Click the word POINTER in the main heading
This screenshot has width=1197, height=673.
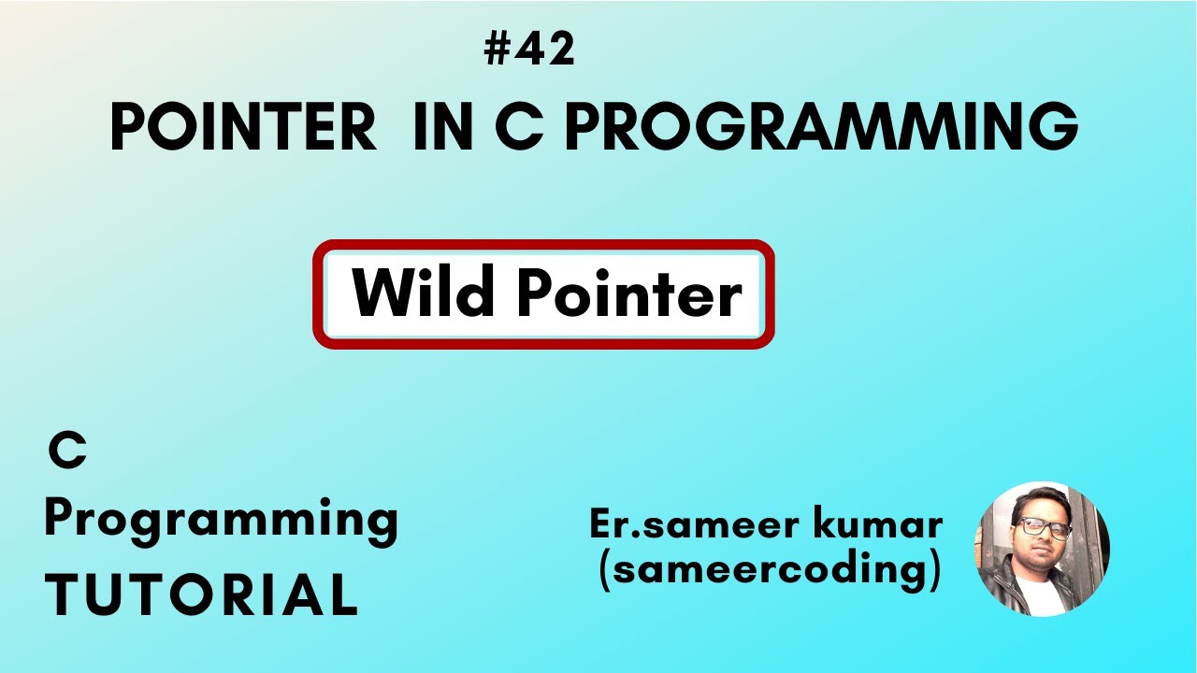pyautogui.click(x=243, y=127)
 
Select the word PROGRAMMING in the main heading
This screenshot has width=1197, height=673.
pyautogui.click(x=821, y=127)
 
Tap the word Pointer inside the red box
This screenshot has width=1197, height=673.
pyautogui.click(x=628, y=294)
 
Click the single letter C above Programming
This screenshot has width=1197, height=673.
pyautogui.click(x=67, y=452)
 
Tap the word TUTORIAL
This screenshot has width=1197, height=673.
pyautogui.click(x=201, y=594)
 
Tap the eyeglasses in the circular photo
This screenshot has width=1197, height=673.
pyautogui.click(x=1045, y=529)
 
